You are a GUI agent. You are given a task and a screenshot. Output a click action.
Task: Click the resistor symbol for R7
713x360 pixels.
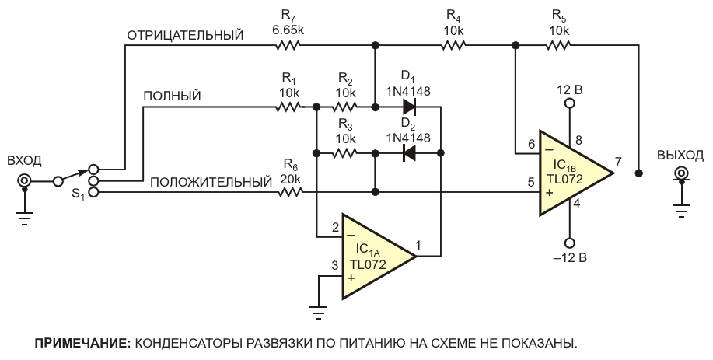click(288, 45)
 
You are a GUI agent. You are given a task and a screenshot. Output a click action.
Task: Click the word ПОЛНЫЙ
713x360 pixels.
click(173, 96)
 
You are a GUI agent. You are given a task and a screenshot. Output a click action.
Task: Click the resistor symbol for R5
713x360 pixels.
click(558, 45)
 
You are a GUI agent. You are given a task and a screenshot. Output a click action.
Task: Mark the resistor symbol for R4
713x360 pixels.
click(454, 45)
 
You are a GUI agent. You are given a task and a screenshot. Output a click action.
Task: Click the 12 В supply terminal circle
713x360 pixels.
click(569, 103)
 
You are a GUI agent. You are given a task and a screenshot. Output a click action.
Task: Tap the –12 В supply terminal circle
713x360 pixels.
click(569, 242)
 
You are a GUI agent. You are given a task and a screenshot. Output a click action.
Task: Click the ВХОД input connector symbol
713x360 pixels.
click(25, 182)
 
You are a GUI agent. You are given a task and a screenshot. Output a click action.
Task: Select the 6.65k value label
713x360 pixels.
click(288, 30)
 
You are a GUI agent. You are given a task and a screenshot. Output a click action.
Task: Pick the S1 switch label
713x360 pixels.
click(78, 193)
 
